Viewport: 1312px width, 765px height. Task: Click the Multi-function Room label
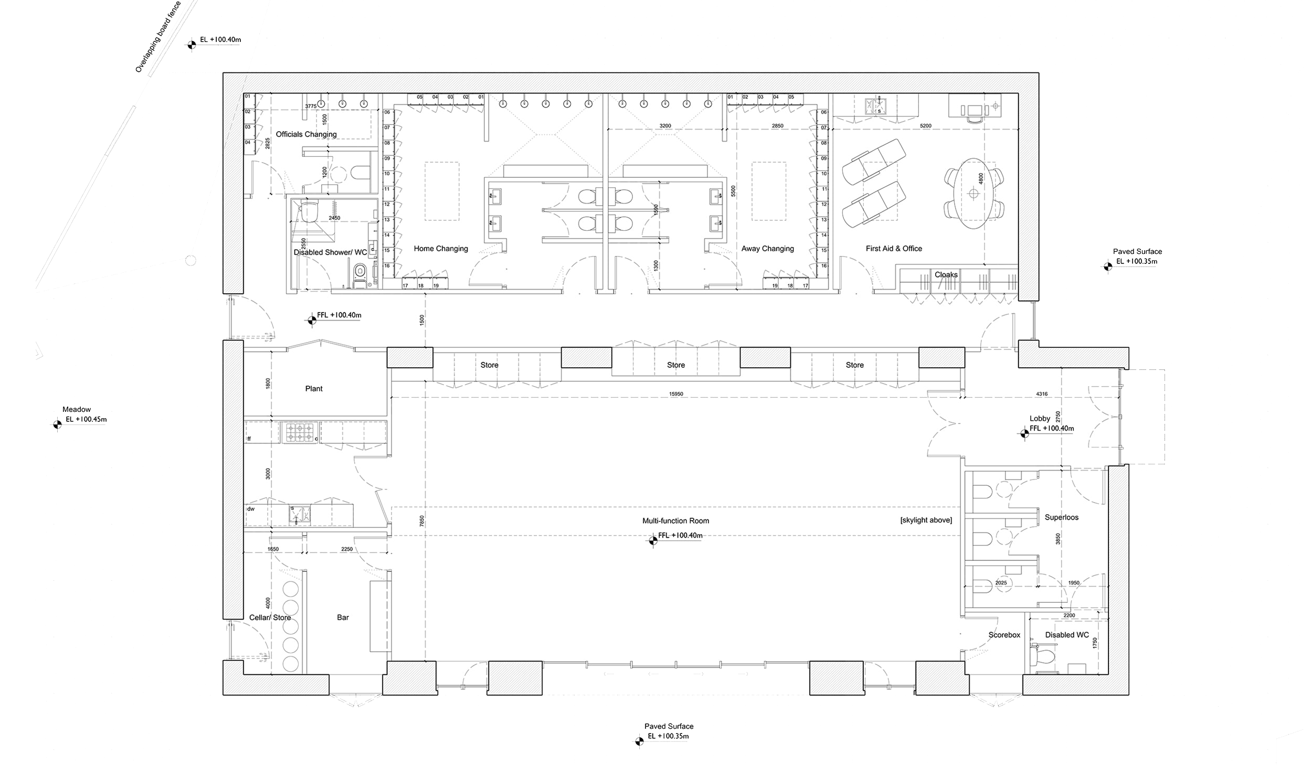pyautogui.click(x=675, y=521)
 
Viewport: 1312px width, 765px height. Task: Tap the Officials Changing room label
pyautogui.click(x=306, y=134)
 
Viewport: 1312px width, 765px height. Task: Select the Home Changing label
pyautogui.click(x=441, y=249)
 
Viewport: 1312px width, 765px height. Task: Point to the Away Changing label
pyautogui.click(x=767, y=249)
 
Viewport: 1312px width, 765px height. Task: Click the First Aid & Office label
pyautogui.click(x=894, y=249)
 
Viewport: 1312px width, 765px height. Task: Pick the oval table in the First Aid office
pyautogui.click(x=974, y=194)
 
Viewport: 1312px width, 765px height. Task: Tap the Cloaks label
pyautogui.click(x=946, y=274)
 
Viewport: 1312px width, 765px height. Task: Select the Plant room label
pyautogui.click(x=314, y=389)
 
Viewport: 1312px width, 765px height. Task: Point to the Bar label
pyautogui.click(x=343, y=618)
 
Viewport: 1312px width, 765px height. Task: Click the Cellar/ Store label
pyautogui.click(x=270, y=618)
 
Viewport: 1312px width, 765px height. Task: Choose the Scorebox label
pyautogui.click(x=1004, y=635)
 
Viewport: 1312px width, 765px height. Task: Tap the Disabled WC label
pyautogui.click(x=1067, y=635)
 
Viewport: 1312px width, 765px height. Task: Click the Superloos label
pyautogui.click(x=1061, y=517)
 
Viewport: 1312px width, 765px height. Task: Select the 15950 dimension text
pyautogui.click(x=676, y=394)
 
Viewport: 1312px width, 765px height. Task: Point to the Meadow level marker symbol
pyautogui.click(x=57, y=424)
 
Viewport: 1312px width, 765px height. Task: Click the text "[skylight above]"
pyautogui.click(x=926, y=520)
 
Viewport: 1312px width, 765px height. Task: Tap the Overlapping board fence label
pyautogui.click(x=158, y=37)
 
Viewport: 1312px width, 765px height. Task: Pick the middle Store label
pyautogui.click(x=676, y=365)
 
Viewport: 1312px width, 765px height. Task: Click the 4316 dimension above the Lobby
pyautogui.click(x=1042, y=394)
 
